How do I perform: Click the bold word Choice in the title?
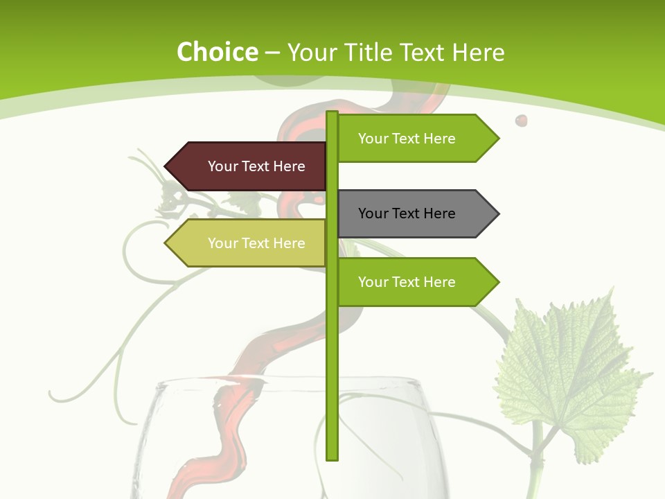pos(217,52)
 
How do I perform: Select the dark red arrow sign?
pos(246,166)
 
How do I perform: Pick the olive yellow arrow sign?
pos(246,243)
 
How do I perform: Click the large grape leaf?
pos(568,374)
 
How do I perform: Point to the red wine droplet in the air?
pos(521,121)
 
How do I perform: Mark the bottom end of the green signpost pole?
pos(332,457)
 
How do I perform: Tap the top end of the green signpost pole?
pos(332,114)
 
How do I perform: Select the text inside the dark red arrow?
pos(256,166)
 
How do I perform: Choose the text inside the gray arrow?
pos(407,213)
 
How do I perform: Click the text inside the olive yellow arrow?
pos(256,243)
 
